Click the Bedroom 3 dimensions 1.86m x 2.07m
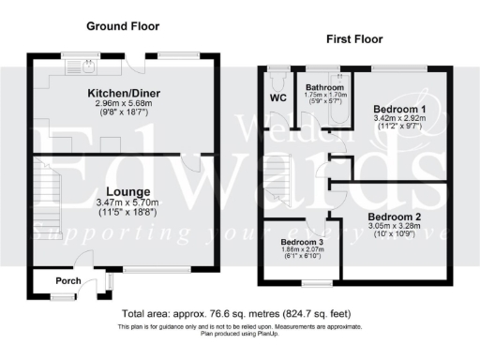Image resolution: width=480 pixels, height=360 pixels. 302,250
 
